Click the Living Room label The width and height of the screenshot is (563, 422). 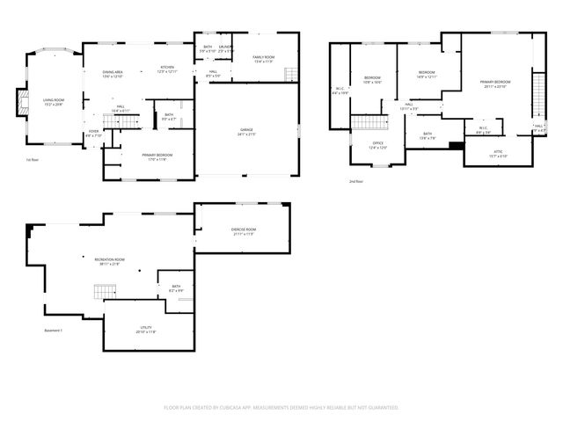coord(54,102)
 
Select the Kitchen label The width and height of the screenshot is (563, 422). coord(167,69)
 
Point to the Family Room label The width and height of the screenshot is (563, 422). coord(263,59)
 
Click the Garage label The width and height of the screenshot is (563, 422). coord(246,132)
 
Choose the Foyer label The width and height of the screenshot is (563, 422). coord(93,133)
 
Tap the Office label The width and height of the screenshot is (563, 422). coord(377,145)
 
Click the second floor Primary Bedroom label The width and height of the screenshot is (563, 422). coord(495,84)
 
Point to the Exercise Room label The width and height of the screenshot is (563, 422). coord(244,232)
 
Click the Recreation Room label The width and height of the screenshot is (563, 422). coord(110,261)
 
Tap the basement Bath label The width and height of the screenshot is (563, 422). coord(176,288)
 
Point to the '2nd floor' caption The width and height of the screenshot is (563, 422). coord(356,181)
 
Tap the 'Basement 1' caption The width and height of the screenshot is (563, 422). coord(54,331)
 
